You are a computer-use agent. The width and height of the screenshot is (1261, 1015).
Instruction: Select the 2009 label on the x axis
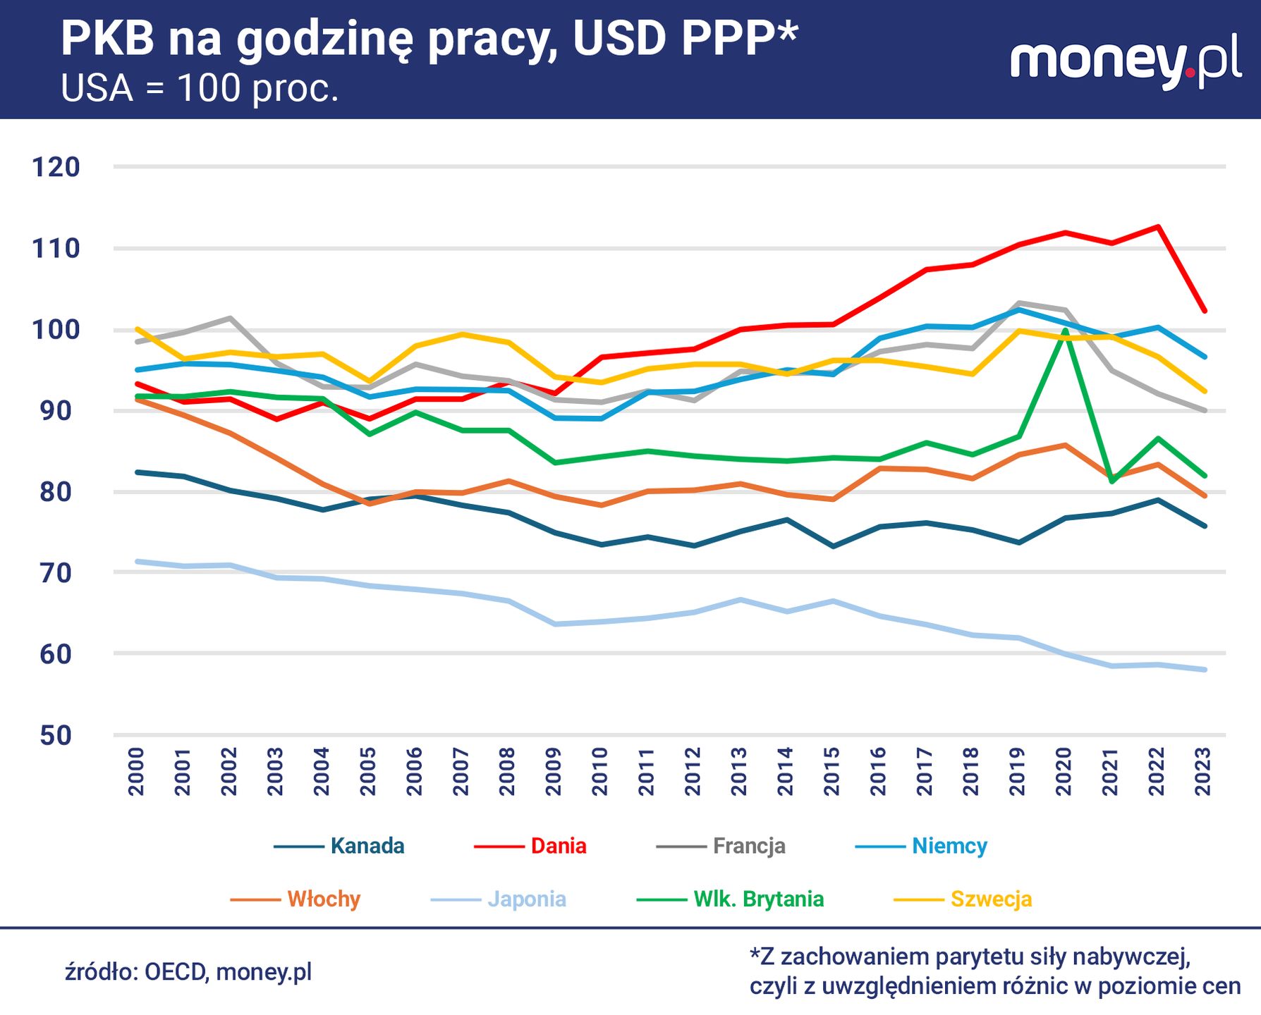tap(554, 772)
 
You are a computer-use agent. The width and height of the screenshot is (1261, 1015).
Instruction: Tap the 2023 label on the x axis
tap(1203, 772)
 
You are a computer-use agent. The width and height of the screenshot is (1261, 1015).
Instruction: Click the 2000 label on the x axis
tap(136, 772)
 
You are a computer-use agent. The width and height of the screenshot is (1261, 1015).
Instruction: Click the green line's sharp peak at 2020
tap(1064, 330)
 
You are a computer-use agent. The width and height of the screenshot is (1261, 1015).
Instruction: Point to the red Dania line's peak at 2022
tap(1158, 226)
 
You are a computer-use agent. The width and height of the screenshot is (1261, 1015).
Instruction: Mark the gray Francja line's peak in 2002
tap(230, 318)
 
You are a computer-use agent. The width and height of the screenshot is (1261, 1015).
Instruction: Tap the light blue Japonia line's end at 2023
tap(1205, 670)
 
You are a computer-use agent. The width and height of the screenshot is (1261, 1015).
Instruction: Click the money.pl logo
tap(1125, 62)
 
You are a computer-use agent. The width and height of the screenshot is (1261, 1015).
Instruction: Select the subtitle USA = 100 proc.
tap(200, 89)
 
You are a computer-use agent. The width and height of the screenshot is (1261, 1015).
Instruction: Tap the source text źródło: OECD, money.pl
tap(188, 972)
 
